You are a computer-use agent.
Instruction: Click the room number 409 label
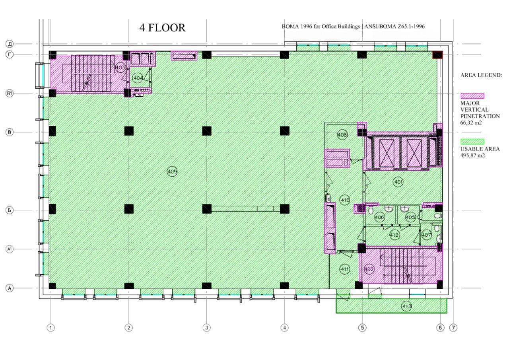(x=172, y=171)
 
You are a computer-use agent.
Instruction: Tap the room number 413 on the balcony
(x=407, y=306)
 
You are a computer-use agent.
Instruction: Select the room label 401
(x=398, y=182)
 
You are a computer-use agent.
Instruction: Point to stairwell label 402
(x=369, y=269)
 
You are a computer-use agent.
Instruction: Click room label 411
(x=345, y=269)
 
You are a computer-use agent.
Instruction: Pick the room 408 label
(x=342, y=135)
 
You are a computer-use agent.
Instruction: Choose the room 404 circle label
(x=138, y=78)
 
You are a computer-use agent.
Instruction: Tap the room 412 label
(x=394, y=235)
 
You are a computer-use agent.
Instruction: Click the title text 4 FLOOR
(x=162, y=28)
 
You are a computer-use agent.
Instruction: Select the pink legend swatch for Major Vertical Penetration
(x=472, y=96)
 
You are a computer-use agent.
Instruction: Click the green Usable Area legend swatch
(x=472, y=142)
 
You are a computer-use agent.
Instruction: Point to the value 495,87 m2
(x=473, y=156)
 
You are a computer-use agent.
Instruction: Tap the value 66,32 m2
(x=471, y=123)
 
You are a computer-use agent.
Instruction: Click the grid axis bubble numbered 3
(x=206, y=328)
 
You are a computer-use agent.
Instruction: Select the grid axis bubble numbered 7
(x=453, y=328)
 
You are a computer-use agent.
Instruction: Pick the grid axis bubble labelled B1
(x=9, y=93)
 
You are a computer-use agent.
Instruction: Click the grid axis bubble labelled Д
(x=9, y=44)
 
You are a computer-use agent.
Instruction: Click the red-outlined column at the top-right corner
(x=437, y=55)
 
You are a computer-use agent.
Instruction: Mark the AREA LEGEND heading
(x=481, y=75)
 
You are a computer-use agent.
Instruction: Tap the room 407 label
(x=426, y=235)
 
